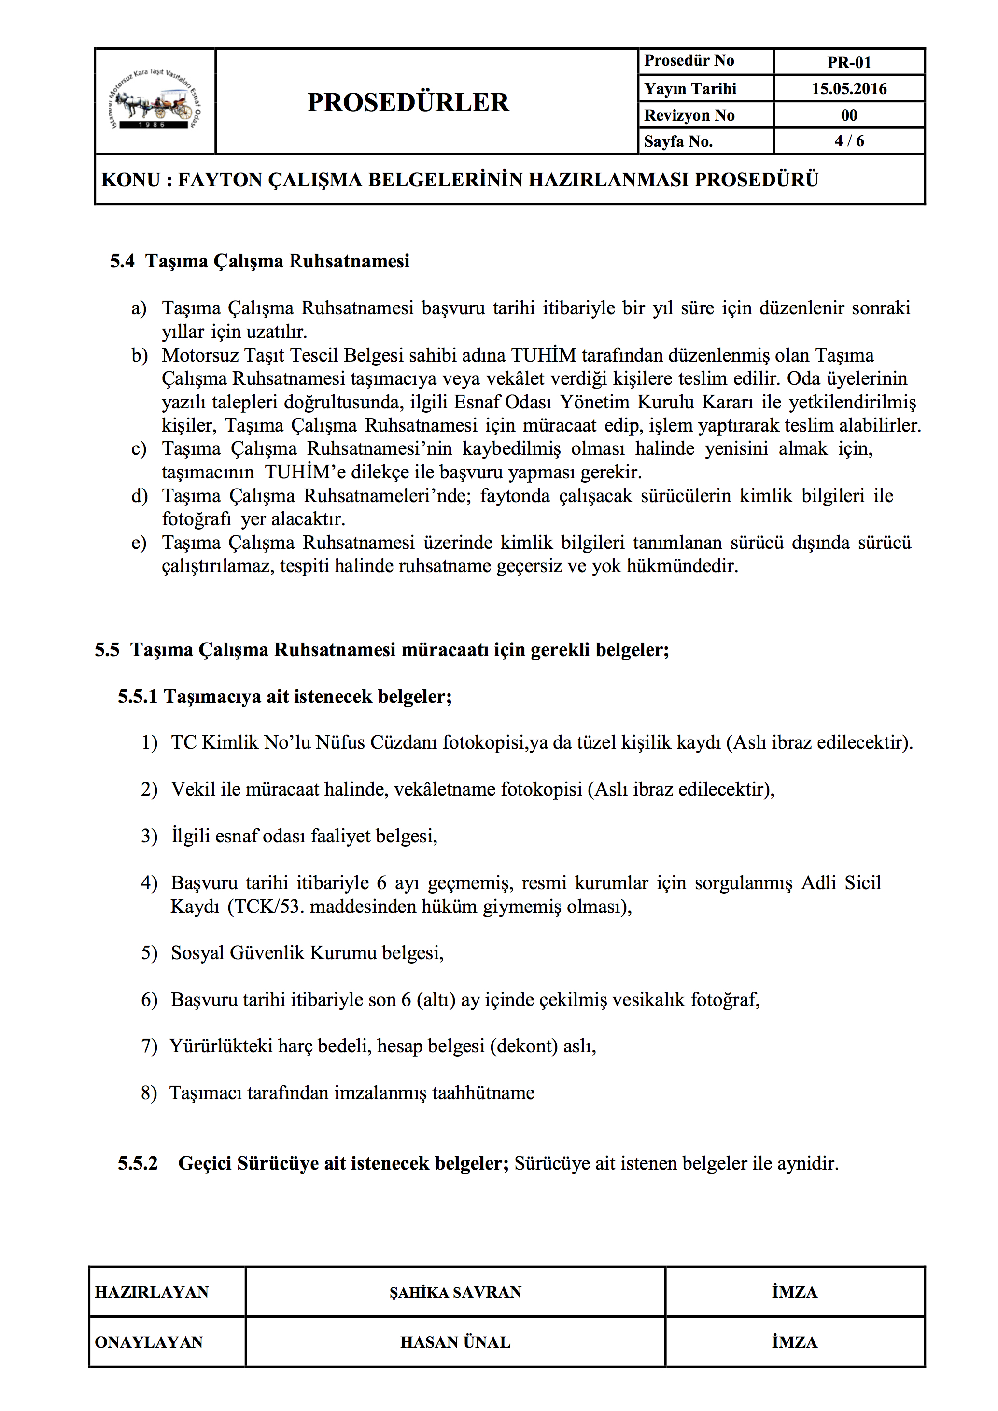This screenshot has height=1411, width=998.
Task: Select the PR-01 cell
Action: coord(849,63)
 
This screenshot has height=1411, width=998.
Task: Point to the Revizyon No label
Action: coord(689,115)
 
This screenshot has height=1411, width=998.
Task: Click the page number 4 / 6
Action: coord(849,141)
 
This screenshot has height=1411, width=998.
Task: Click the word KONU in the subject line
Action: coord(130,180)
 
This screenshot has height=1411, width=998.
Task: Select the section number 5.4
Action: coord(122,261)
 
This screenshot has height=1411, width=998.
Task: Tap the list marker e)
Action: coord(139,543)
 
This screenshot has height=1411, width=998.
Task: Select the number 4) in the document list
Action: coord(149,883)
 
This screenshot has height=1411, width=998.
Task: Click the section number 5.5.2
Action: coord(138,1164)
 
